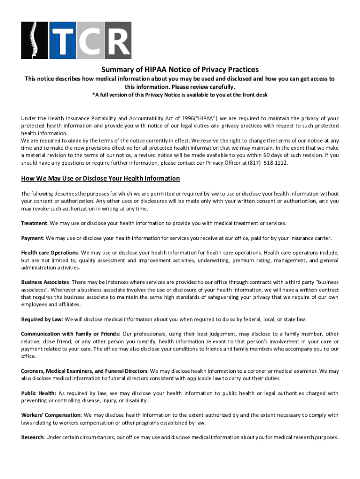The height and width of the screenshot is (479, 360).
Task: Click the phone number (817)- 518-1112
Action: (x=268, y=163)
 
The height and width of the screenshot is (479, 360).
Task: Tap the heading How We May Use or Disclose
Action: (x=101, y=178)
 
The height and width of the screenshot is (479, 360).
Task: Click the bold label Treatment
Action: (x=34, y=223)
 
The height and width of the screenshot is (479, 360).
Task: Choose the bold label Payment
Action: (x=32, y=238)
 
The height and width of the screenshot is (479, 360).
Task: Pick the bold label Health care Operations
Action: (x=49, y=253)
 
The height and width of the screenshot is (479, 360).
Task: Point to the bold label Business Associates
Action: (x=45, y=282)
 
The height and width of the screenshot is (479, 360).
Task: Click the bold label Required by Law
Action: (x=41, y=319)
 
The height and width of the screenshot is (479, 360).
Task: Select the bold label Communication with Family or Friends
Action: (x=70, y=334)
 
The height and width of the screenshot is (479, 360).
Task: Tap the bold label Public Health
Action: (x=38, y=393)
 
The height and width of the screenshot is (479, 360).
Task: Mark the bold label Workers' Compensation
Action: (x=51, y=415)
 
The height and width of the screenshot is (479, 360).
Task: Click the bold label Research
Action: (x=33, y=437)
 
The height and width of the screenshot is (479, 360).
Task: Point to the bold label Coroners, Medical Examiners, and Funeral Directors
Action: (x=84, y=371)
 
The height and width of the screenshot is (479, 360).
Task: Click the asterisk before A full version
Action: (x=93, y=94)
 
